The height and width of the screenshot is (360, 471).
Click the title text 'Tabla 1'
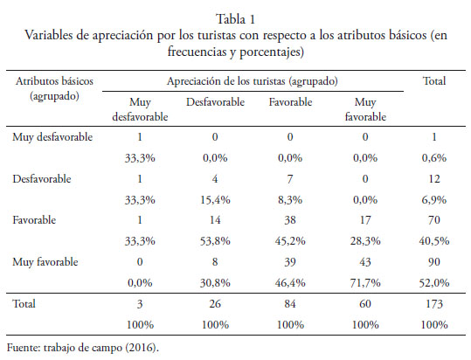click(x=236, y=19)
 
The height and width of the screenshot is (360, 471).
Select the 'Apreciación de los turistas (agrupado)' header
click(x=253, y=81)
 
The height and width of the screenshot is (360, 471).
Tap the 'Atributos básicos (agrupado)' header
click(x=54, y=88)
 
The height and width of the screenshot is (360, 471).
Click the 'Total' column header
click(x=434, y=80)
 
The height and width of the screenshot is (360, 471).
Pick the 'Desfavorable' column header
click(x=215, y=102)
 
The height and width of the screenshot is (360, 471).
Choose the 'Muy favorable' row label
click(x=45, y=262)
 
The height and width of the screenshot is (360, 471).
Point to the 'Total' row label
click(x=24, y=303)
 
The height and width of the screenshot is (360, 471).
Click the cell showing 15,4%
click(x=215, y=200)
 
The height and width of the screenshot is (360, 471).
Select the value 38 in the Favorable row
click(x=290, y=220)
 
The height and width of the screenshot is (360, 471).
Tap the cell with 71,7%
click(x=365, y=282)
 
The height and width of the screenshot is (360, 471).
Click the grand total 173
click(x=434, y=304)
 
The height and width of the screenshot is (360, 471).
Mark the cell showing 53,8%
click(x=215, y=241)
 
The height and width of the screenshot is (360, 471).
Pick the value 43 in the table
click(x=365, y=262)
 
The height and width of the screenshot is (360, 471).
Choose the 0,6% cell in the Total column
click(x=434, y=157)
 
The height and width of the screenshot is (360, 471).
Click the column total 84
click(x=290, y=304)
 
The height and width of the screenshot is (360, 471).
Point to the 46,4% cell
click(x=290, y=282)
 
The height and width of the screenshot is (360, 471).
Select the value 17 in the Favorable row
click(x=365, y=220)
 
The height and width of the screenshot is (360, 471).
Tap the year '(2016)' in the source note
click(x=142, y=348)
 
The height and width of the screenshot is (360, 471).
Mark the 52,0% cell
click(x=434, y=282)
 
